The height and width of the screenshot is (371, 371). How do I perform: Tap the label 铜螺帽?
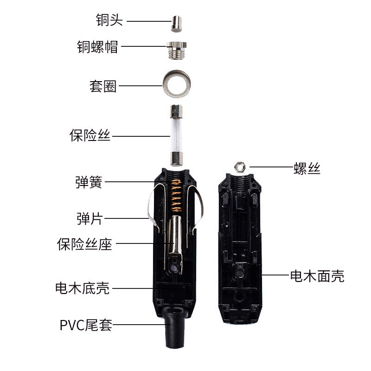pos(97,47)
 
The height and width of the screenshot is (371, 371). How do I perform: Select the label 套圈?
pos(103,86)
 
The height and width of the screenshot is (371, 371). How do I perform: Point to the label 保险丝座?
pos(84,244)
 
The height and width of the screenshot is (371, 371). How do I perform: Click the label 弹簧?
pos(89,182)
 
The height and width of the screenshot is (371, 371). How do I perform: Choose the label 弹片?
pos(90,218)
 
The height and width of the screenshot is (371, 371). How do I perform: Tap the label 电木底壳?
pos(83,288)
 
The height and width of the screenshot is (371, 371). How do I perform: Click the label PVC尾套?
pos(86,325)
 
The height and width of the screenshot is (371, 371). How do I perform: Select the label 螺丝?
pos(307,168)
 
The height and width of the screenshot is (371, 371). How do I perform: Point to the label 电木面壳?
pos(317,276)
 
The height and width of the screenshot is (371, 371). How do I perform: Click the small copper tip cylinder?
pos(177,24)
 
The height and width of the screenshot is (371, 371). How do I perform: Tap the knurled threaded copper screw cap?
pos(177,51)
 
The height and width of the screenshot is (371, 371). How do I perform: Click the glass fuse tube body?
pos(176,135)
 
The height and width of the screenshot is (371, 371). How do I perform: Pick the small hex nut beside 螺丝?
pos(240,167)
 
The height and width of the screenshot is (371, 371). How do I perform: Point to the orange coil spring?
pos(176,196)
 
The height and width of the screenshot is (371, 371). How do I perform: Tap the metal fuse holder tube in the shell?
pos(175,237)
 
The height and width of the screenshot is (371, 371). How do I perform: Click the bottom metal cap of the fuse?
pos(177,159)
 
